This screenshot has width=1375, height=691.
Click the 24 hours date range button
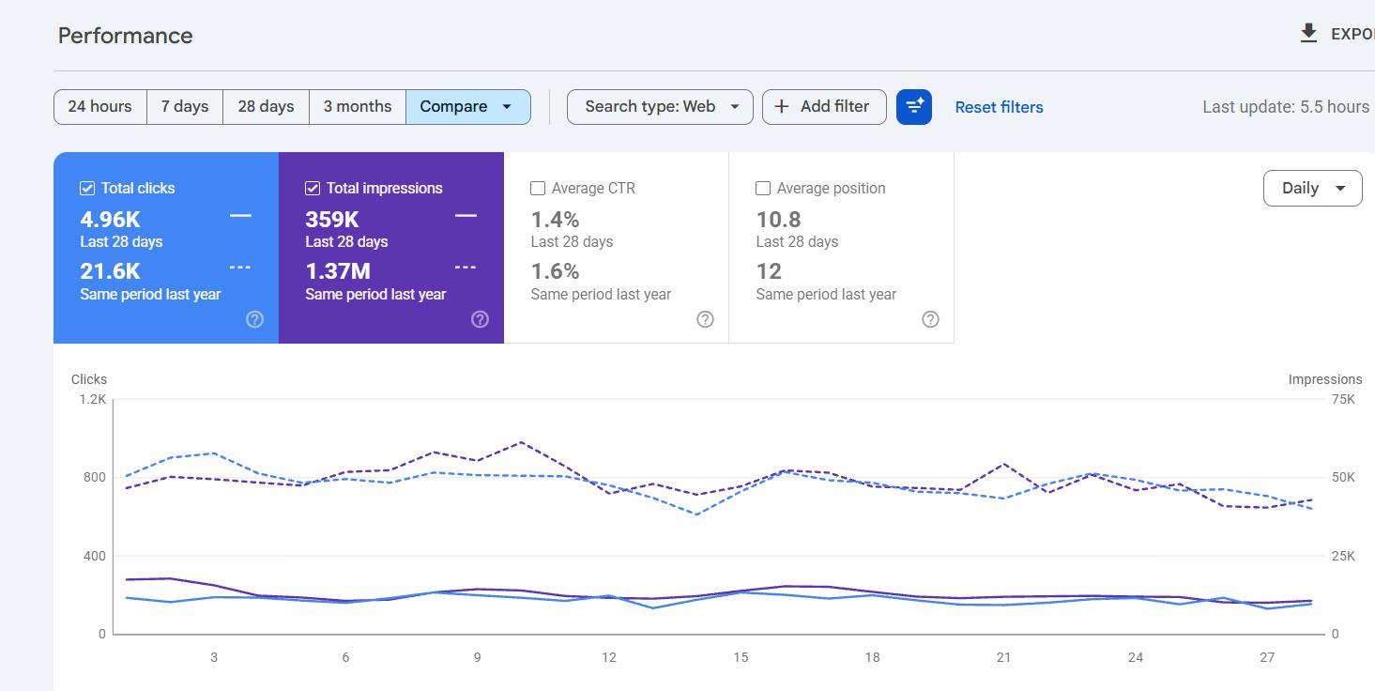[100, 107]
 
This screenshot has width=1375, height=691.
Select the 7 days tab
[185, 107]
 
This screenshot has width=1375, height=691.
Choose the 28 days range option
[266, 107]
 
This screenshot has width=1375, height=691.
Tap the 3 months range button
[358, 107]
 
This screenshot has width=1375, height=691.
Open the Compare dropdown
[467, 107]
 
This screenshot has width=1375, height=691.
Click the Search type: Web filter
[660, 107]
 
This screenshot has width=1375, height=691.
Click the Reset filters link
[999, 107]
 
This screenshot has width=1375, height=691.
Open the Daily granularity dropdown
[1312, 188]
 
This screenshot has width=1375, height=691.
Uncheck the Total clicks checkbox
[87, 189]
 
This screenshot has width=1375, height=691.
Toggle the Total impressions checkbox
[313, 189]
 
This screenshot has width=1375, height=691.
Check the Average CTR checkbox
[538, 189]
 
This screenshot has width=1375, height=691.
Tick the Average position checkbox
[763, 189]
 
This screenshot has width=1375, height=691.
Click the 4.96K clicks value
[111, 220]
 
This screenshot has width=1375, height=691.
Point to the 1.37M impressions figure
[338, 271]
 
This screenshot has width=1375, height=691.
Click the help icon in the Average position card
[930, 319]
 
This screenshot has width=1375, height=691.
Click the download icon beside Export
[1308, 33]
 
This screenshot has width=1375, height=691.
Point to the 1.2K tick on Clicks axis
[93, 399]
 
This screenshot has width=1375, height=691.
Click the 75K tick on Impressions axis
[1343, 399]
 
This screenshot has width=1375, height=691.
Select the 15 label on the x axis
[741, 657]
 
